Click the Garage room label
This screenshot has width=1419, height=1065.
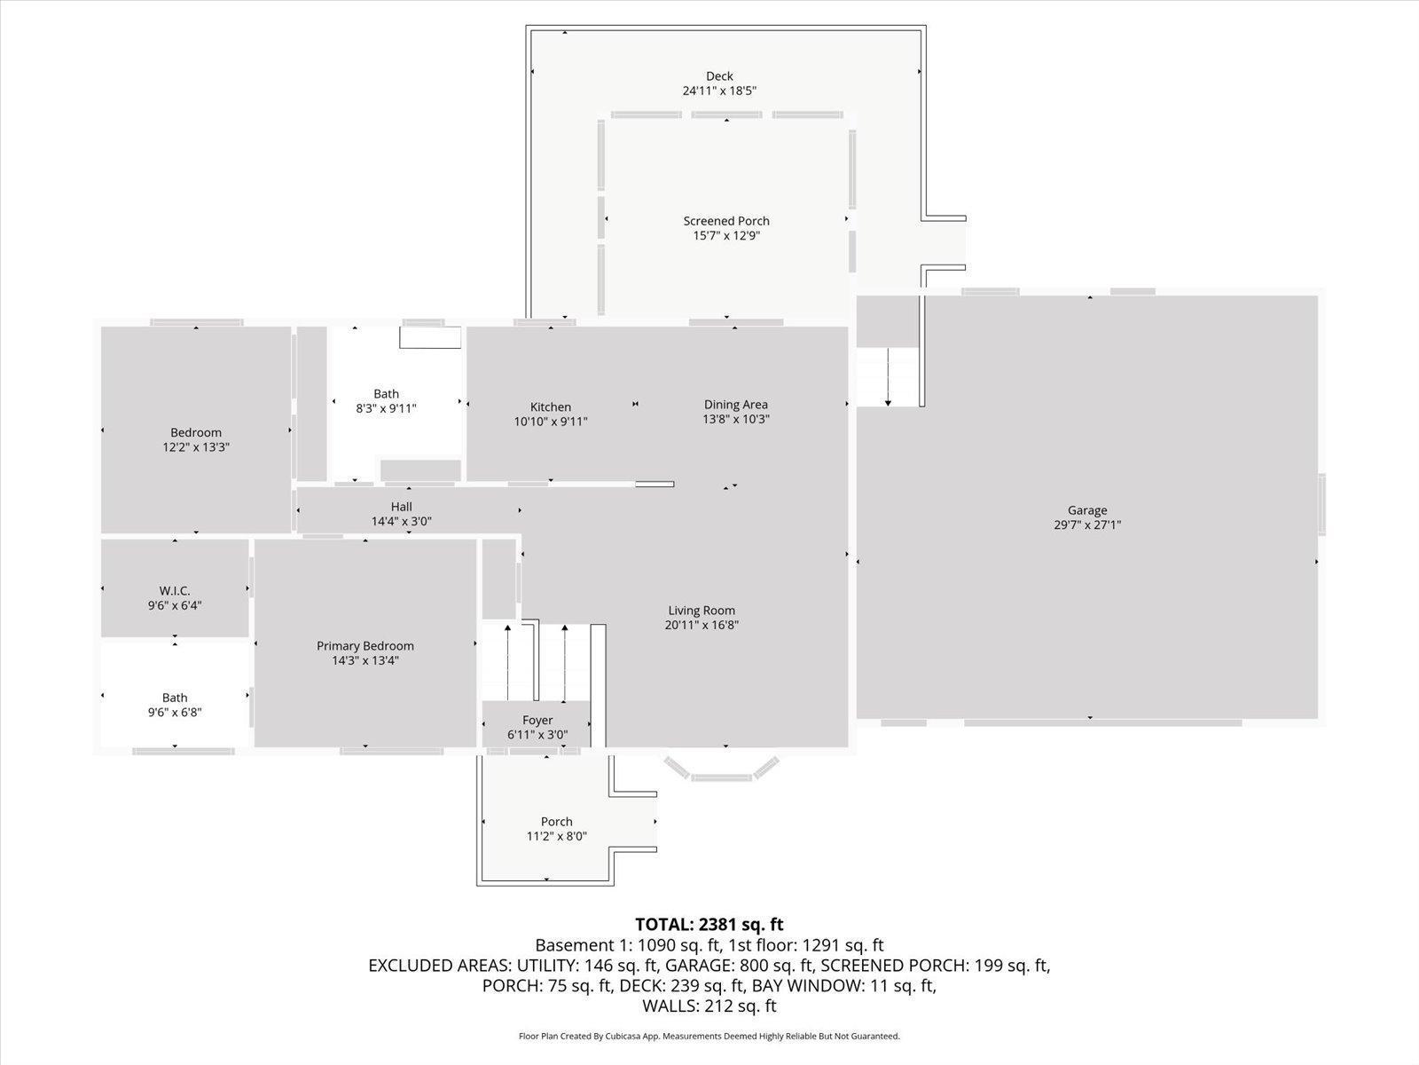pyautogui.click(x=1087, y=510)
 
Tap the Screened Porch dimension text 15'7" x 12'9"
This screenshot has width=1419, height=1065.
pyautogui.click(x=726, y=236)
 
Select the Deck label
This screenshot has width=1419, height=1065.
pyautogui.click(x=719, y=76)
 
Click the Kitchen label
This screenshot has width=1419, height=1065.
pyautogui.click(x=551, y=407)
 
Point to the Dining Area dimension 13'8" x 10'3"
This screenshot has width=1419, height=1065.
pyautogui.click(x=735, y=419)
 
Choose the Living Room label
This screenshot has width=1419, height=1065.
pyautogui.click(x=702, y=611)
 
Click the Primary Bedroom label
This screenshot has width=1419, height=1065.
pyautogui.click(x=365, y=646)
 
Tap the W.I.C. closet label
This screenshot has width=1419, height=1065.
pyautogui.click(x=175, y=591)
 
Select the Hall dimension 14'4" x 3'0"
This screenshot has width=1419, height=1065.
pyautogui.click(x=401, y=522)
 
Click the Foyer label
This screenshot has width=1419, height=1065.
pyautogui.click(x=537, y=721)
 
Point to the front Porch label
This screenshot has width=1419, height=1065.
pyautogui.click(x=557, y=822)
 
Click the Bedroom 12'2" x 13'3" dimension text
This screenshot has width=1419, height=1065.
pyautogui.click(x=196, y=448)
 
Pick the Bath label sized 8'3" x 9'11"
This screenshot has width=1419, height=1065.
pyautogui.click(x=386, y=394)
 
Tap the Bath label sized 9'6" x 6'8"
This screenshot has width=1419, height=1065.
pyautogui.click(x=175, y=698)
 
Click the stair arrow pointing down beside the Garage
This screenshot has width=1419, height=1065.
pyautogui.click(x=888, y=377)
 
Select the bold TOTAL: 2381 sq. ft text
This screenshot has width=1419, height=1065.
pyautogui.click(x=709, y=925)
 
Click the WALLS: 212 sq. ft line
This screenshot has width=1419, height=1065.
pyautogui.click(x=709, y=1006)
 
